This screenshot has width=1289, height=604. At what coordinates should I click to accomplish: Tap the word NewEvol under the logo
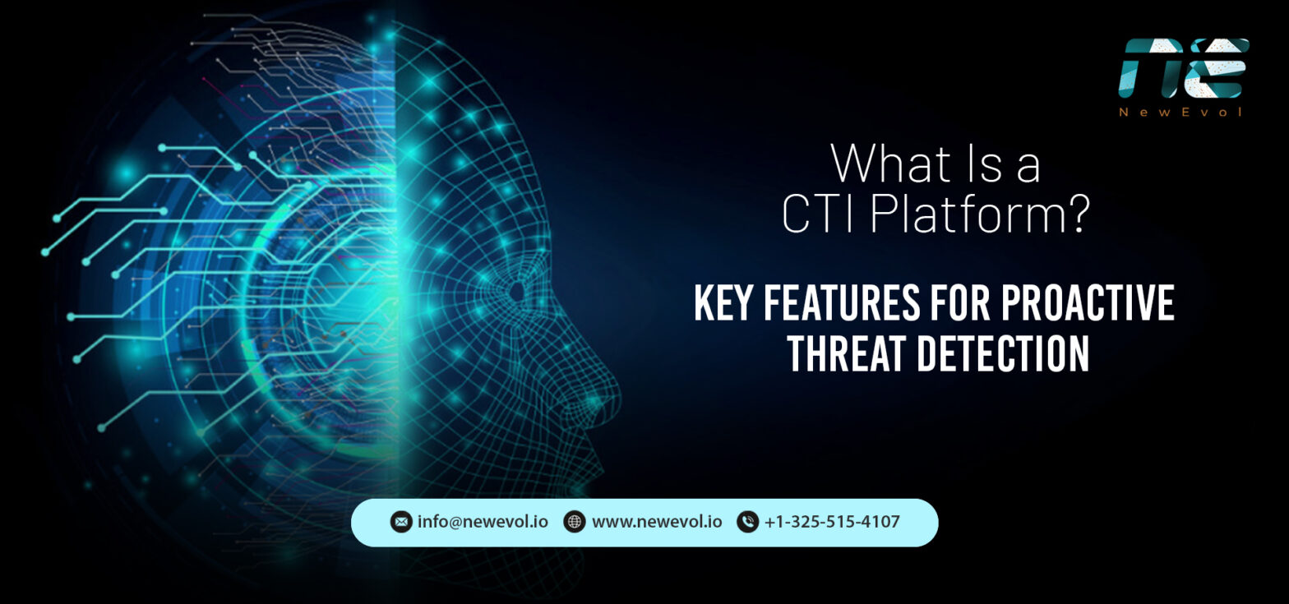(x=1182, y=112)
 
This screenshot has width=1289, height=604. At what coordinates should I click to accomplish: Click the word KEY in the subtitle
(x=724, y=304)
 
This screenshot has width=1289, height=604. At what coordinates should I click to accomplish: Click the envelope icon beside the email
(x=400, y=522)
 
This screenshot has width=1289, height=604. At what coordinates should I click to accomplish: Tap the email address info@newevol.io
(x=483, y=522)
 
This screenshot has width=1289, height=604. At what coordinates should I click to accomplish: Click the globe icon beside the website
(x=575, y=522)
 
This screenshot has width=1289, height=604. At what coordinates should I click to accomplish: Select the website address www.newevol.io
(x=657, y=522)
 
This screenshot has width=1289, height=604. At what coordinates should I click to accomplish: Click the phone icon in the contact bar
(x=747, y=522)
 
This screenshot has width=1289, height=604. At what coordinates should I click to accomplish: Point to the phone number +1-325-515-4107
(x=832, y=522)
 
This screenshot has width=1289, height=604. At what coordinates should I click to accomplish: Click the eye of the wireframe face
(x=516, y=290)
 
